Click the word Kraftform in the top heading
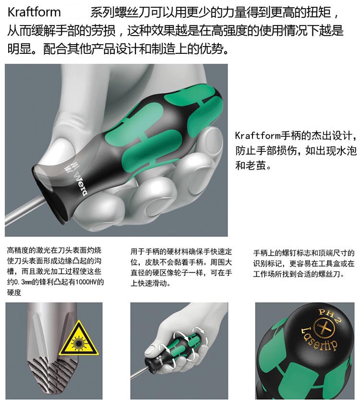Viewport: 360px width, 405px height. pos(34,12)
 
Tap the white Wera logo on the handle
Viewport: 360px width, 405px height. pos(81,184)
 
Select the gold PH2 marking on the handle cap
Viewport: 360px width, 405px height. pos(330,316)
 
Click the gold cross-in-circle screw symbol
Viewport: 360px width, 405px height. pos(324,329)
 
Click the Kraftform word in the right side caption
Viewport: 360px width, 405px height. pos(257,135)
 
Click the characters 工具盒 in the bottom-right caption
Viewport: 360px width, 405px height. pos(323,263)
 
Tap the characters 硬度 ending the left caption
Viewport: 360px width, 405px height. pos(14,293)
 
